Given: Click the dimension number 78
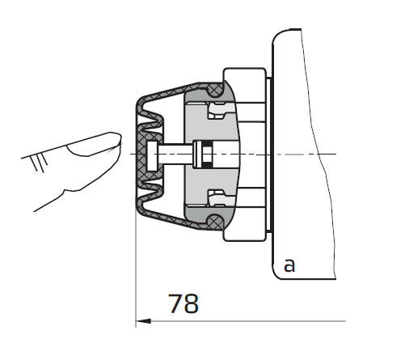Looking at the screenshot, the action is (184, 303).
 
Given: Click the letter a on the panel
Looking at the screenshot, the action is (289, 265).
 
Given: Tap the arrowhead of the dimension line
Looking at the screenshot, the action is (143, 321).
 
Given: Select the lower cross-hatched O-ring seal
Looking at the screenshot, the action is (215, 222).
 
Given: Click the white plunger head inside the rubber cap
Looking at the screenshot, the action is (151, 156).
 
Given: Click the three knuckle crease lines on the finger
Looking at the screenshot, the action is (39, 163).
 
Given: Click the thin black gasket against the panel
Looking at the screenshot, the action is (271, 155).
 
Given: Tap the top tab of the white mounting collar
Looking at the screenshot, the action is (245, 74).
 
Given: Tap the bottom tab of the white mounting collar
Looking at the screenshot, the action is (245, 235).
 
